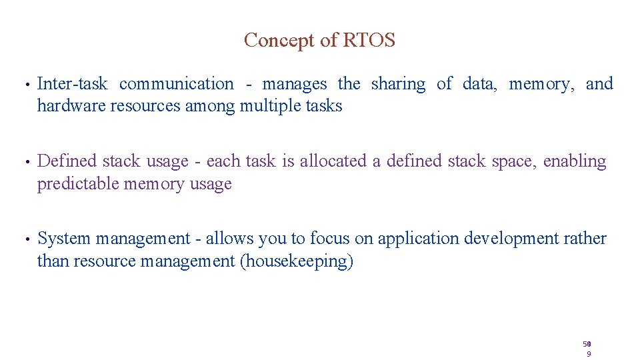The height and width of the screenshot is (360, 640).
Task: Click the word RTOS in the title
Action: [369, 40]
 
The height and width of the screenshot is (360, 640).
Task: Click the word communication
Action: [177, 84]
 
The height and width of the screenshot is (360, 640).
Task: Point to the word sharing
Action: [398, 84]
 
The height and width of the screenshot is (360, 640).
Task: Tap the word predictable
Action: [79, 183]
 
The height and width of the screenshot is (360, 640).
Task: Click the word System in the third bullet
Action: [65, 239]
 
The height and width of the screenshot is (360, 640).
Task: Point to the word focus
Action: [329, 239]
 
